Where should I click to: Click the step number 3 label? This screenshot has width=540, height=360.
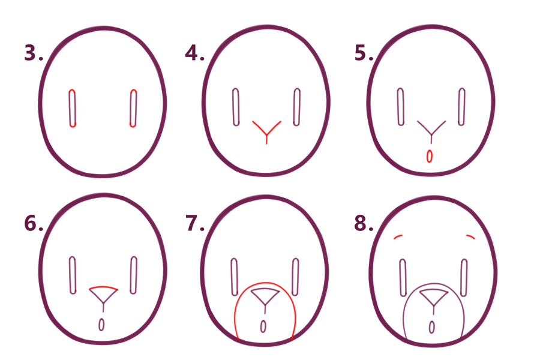point(34,53)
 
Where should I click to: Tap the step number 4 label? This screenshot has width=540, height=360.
point(194,53)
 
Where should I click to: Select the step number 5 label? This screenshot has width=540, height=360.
point(364,53)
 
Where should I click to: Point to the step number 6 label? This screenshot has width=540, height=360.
point(34,223)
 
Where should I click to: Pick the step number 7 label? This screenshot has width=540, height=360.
point(195,223)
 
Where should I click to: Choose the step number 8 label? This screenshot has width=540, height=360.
point(364,223)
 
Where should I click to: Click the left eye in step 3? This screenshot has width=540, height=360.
point(73,108)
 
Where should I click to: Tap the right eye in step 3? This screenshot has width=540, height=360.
point(133,108)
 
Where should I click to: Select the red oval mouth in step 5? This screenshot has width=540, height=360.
point(430,156)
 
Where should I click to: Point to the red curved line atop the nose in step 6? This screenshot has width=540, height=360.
point(104,287)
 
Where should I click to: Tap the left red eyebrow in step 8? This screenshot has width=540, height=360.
point(398,236)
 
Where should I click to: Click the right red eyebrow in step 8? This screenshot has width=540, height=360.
point(470,236)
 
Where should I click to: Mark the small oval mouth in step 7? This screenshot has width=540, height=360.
point(263,326)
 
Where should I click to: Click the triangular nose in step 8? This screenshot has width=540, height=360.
point(433,297)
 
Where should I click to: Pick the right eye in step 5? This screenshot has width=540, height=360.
point(462,107)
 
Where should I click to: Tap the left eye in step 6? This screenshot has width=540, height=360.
point(73,275)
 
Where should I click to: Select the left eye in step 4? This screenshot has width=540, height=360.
point(236,107)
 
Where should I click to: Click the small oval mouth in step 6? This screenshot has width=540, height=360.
point(101,325)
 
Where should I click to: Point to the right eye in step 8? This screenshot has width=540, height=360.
point(464,278)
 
